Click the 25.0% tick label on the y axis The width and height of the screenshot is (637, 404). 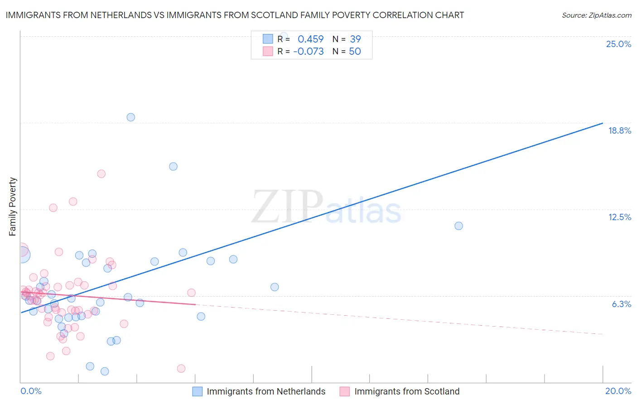click(618, 44)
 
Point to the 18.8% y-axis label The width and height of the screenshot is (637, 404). click(619, 130)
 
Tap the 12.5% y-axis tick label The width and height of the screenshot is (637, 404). click(619, 217)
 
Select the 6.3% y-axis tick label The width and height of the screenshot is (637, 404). click(621, 304)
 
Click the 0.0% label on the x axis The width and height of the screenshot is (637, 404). click(31, 391)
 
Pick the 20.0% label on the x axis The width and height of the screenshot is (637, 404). click(618, 391)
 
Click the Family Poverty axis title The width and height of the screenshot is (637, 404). click(13, 207)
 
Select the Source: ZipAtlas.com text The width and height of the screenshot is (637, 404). click(596, 15)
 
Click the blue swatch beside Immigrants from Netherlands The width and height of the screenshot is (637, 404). click(198, 391)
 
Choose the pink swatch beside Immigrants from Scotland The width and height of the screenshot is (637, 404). click(345, 391)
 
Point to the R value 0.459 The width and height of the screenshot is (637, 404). click(311, 39)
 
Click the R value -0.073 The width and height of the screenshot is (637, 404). click(309, 51)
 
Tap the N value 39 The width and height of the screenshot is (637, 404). click(355, 39)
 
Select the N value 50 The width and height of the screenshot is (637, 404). click(355, 51)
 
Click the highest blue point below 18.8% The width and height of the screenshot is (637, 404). click(173, 166)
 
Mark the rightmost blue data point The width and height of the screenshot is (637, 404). click(458, 226)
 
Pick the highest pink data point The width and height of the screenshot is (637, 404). click(101, 173)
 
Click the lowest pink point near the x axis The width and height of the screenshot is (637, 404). click(181, 368)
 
